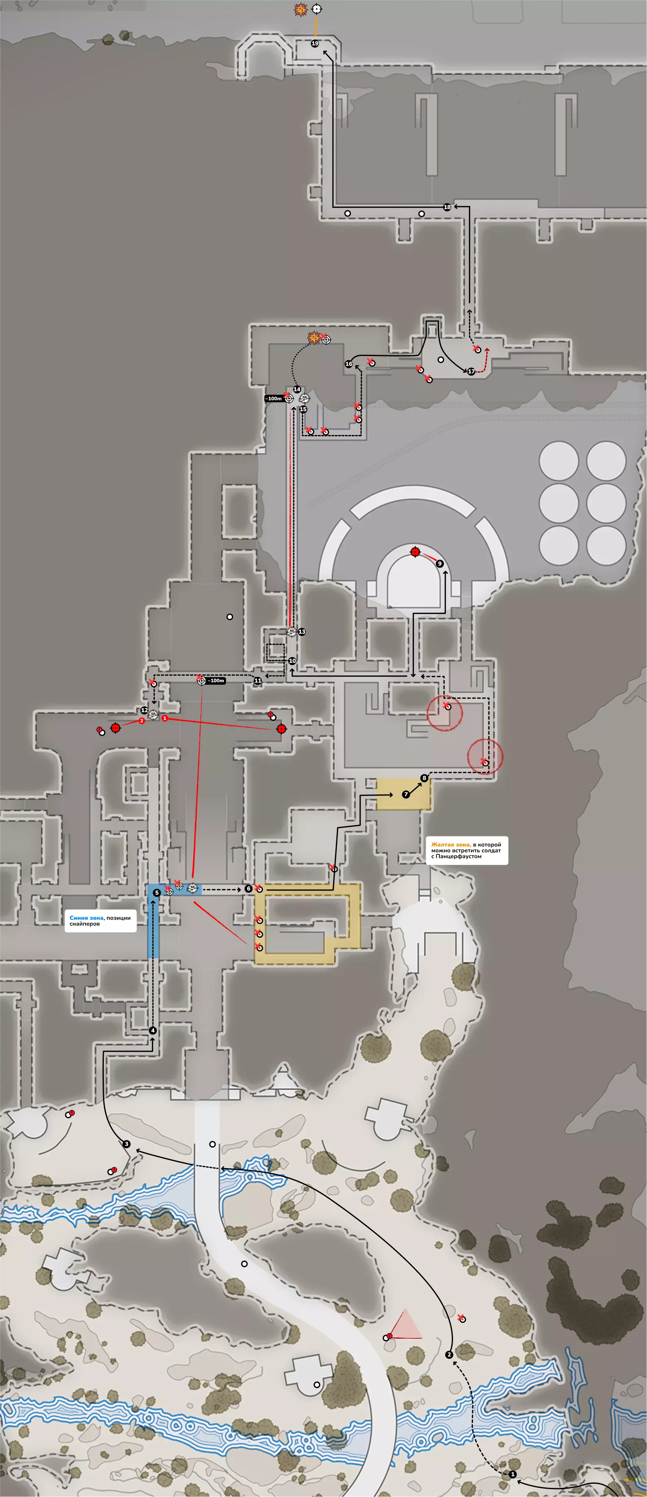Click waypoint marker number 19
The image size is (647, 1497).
pyautogui.click(x=315, y=44)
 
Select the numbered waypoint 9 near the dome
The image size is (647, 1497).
pyautogui.click(x=440, y=563)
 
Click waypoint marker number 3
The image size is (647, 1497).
pyautogui.click(x=127, y=1144)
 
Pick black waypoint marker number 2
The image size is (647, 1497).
pyautogui.click(x=449, y=1354)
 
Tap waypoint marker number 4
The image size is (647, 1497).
pyautogui.click(x=153, y=1030)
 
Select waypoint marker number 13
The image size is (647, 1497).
pyautogui.click(x=301, y=632)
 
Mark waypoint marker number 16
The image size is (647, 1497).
pyautogui.click(x=348, y=364)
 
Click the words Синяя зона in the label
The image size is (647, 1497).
pyautogui.click(x=86, y=918)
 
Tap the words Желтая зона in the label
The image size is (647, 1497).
pyautogui.click(x=450, y=844)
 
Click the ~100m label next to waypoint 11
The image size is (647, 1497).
pyautogui.click(x=216, y=681)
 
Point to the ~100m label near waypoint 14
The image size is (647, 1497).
pyautogui.click(x=274, y=398)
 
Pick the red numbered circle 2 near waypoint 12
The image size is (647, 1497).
pyautogui.click(x=142, y=720)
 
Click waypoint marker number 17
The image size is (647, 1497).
pyautogui.click(x=471, y=371)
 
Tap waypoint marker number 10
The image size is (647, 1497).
pyautogui.click(x=292, y=661)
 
